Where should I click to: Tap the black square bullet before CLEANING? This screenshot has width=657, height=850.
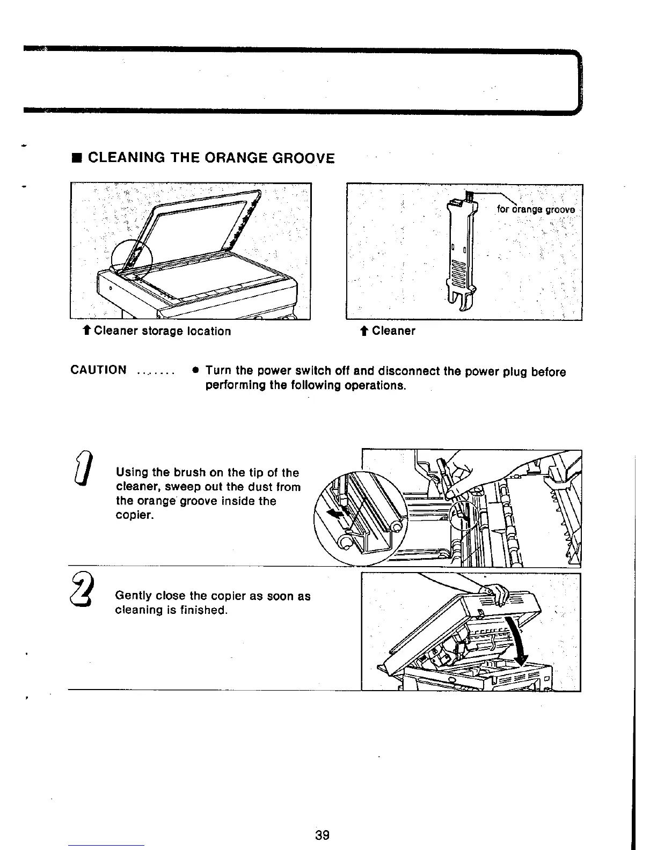point(77,158)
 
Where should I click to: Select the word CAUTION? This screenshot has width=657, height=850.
point(99,370)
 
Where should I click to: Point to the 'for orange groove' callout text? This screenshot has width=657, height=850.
point(536,209)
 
